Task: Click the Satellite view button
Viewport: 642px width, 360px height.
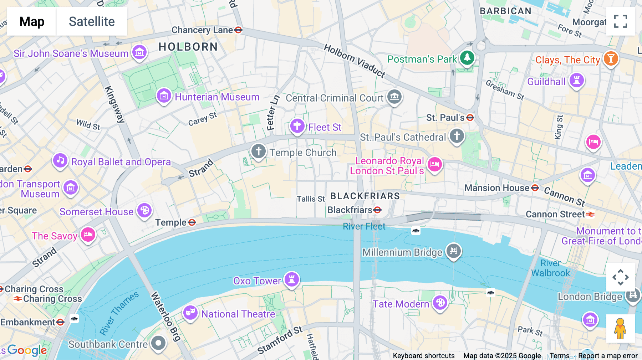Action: click(x=92, y=21)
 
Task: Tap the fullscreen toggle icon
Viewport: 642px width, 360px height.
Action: click(x=620, y=21)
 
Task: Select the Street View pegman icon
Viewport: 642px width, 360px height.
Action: click(x=620, y=328)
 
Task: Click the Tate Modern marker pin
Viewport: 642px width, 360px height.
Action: click(x=440, y=303)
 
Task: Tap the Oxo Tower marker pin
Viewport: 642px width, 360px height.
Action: click(x=292, y=279)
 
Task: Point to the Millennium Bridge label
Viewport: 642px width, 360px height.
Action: click(x=402, y=252)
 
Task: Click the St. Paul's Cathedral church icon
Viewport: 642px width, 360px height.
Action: click(x=457, y=136)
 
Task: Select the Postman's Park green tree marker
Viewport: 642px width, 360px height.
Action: click(x=467, y=57)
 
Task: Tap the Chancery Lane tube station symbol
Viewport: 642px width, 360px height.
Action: click(x=239, y=30)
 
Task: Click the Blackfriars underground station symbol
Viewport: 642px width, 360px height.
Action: click(x=377, y=210)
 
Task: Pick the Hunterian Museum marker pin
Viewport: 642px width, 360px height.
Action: click(x=164, y=96)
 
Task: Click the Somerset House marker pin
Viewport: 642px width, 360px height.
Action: click(x=144, y=211)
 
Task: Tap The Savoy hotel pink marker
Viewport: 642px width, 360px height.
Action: click(x=88, y=235)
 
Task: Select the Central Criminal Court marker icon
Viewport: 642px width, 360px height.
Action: click(x=394, y=96)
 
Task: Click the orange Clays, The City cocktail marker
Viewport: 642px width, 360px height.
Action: click(x=611, y=58)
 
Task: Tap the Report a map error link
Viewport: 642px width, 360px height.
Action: click(x=608, y=356)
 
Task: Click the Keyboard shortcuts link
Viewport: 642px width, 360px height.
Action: click(x=423, y=356)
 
